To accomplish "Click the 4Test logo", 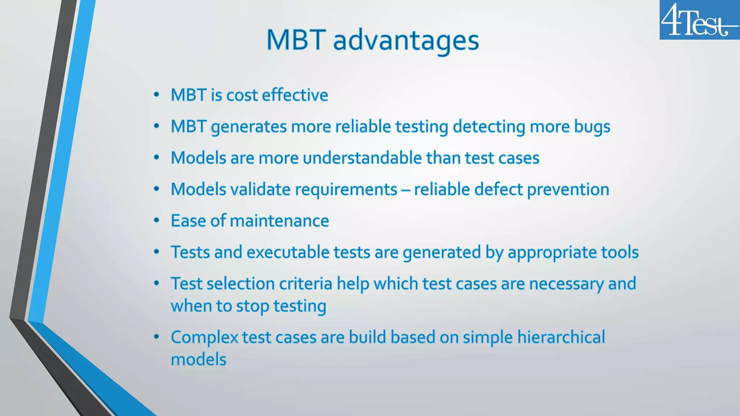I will click(x=699, y=20).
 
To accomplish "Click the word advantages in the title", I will click(x=406, y=40).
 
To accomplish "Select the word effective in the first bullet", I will click(x=295, y=95).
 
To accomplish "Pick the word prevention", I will click(x=568, y=190).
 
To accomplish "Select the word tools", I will click(x=620, y=252).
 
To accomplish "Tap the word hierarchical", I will click(x=561, y=337).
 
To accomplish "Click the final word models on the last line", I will click(x=198, y=360).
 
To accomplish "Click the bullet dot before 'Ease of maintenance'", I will click(x=156, y=221).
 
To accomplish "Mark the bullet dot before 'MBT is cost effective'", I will click(x=156, y=95).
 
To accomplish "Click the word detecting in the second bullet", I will click(x=489, y=127).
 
